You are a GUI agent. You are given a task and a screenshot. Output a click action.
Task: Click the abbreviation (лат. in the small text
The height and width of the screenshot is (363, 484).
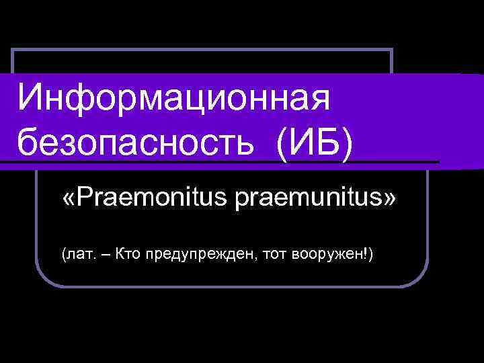pos(78,254)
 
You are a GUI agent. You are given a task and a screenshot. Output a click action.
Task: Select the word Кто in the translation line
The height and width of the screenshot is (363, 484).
pos(128,253)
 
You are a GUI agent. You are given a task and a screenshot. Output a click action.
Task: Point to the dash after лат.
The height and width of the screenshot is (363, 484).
pos(104,254)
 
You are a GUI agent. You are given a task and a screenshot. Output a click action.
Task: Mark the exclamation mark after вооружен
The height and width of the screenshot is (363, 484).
pos(368,253)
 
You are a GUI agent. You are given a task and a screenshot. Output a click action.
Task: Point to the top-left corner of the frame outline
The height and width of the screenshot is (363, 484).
pos(13,50)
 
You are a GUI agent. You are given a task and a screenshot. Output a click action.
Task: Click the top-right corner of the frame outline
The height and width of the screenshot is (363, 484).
pos(391,50)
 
